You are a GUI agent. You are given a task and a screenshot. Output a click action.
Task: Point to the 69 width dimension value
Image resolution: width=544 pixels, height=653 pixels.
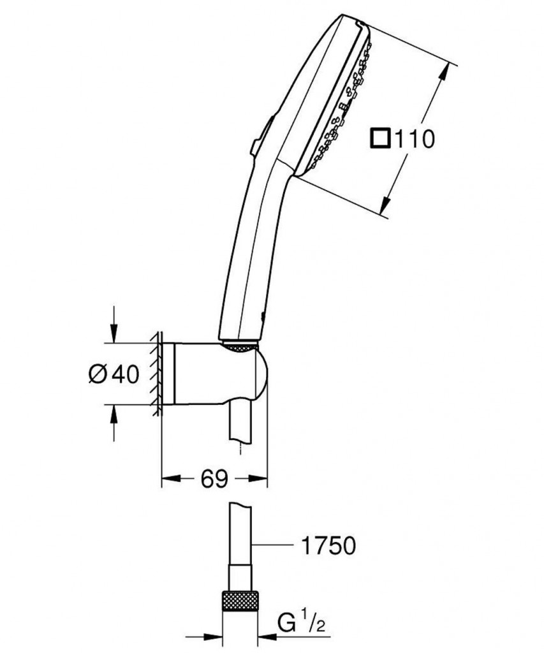coord(214,478)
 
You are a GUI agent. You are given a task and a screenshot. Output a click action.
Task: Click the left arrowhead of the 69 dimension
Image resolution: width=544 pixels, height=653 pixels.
coord(168,478)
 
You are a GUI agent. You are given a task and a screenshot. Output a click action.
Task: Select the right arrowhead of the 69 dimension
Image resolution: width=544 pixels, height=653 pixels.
coord(260,478)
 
